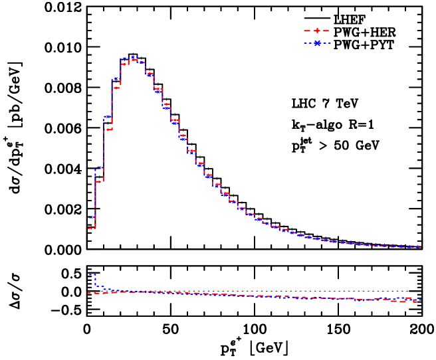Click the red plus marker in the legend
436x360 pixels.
pos(317,31)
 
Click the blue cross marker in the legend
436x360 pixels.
pos(317,43)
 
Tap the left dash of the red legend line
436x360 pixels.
pos(307,31)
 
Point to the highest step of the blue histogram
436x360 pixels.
pos(132,57)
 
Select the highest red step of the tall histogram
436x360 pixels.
pos(133,60)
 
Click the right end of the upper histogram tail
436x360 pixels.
pos(419,247)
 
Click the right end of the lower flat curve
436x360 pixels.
pos(418,300)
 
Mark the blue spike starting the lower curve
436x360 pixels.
pos(91,274)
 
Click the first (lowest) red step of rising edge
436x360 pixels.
pos(91,228)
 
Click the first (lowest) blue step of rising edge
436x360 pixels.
pos(91,217)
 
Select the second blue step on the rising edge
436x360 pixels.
pos(99,167)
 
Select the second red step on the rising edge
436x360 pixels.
pos(99,181)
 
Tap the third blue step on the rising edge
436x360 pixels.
pos(108,116)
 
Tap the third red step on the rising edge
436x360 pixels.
pos(108,130)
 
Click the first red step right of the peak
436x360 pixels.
pos(141,63)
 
